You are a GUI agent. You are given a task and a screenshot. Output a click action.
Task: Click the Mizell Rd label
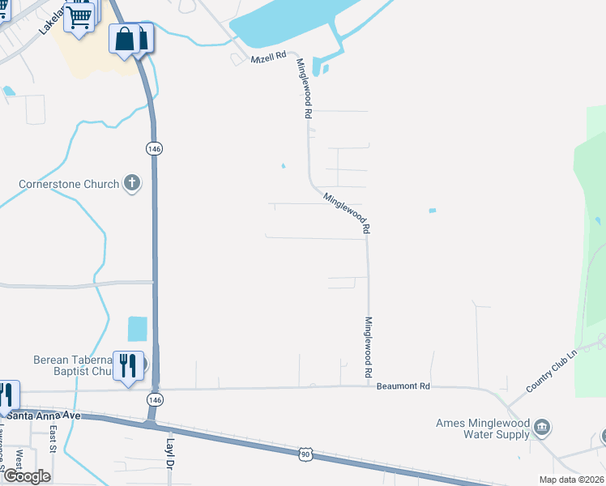pyautogui.click(x=270, y=56)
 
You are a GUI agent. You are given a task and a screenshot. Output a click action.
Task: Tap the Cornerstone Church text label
pyautogui.click(x=69, y=184)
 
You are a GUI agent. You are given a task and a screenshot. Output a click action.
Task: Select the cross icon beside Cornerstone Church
pyautogui.click(x=132, y=184)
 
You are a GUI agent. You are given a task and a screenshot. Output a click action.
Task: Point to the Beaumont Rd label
pyautogui.click(x=403, y=386)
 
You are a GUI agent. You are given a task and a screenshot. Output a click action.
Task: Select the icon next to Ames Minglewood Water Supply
pyautogui.click(x=544, y=426)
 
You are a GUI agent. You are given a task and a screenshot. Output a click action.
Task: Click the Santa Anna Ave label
pyautogui.click(x=44, y=416)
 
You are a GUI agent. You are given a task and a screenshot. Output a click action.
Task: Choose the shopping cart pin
pyautogui.click(x=79, y=16)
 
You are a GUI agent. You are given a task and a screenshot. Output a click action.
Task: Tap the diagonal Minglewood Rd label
pyautogui.click(x=346, y=212)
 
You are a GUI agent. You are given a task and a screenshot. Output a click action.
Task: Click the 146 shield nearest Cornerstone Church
pyautogui.click(x=152, y=148)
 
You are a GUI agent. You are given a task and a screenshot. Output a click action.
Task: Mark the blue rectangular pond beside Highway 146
pyautogui.click(x=138, y=328)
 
